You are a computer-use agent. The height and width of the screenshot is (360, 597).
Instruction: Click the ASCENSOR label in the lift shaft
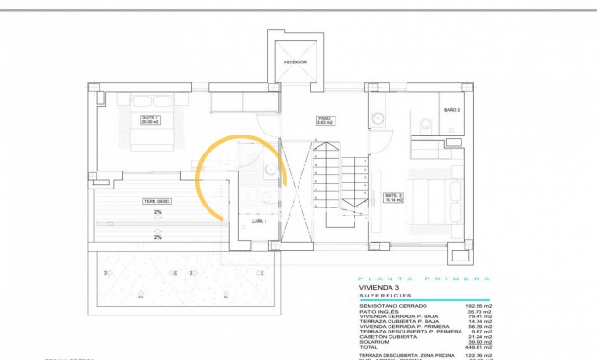pyautogui.click(x=295, y=63)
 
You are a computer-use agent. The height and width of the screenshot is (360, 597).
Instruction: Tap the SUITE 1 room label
pyautogui.click(x=150, y=120)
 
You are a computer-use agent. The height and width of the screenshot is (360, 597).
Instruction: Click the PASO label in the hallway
pyautogui.click(x=322, y=120)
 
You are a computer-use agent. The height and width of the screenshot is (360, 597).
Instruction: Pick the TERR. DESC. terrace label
pyautogui.click(x=157, y=201)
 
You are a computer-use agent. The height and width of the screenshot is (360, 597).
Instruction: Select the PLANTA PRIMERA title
pyautogui.click(x=424, y=279)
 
